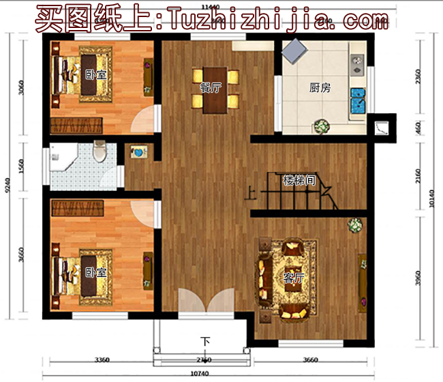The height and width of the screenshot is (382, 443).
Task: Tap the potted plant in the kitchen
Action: pyautogui.click(x=321, y=127)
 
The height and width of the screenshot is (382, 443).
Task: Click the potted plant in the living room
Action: pyautogui.click(x=354, y=225)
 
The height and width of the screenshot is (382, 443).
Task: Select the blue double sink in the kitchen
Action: pyautogui.click(x=357, y=100)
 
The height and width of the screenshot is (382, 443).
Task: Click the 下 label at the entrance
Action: pyautogui.click(x=204, y=340)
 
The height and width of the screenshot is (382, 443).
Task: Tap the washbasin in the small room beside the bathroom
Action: pyautogui.click(x=137, y=153)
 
